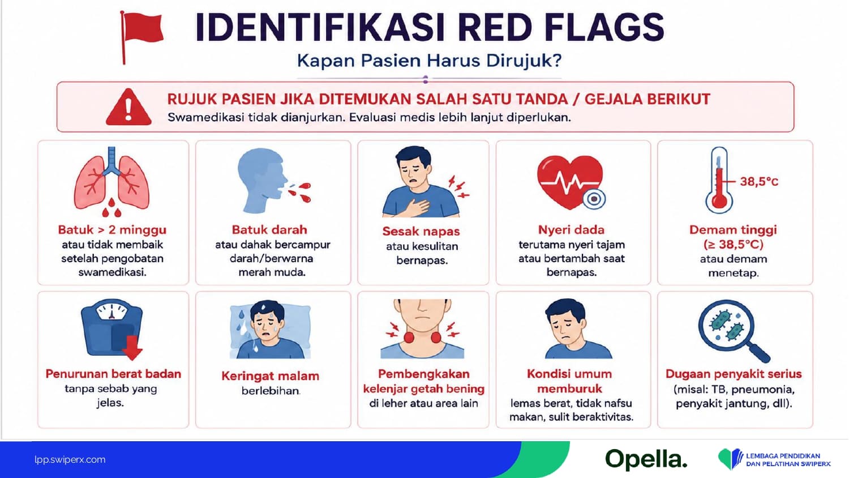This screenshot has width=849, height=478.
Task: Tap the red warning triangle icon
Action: [x=128, y=108]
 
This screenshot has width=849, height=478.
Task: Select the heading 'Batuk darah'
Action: [x=269, y=229]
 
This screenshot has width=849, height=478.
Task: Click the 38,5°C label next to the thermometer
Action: [x=759, y=182]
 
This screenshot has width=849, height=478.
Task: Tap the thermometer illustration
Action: [x=719, y=180]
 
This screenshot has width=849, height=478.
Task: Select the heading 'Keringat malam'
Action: [x=270, y=376]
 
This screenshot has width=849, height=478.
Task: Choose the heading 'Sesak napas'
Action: [x=421, y=231]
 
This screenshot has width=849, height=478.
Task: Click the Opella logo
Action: [x=646, y=459]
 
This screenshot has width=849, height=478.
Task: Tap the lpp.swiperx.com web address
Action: [x=70, y=459]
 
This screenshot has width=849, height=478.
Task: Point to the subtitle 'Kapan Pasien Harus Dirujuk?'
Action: [x=429, y=61]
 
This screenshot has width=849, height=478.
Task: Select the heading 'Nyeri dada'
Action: [x=571, y=229]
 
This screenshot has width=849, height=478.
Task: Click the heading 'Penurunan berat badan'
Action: [x=113, y=374]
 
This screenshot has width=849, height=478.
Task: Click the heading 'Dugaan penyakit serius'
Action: [x=734, y=374]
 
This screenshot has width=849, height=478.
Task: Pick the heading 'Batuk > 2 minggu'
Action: [x=112, y=230]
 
